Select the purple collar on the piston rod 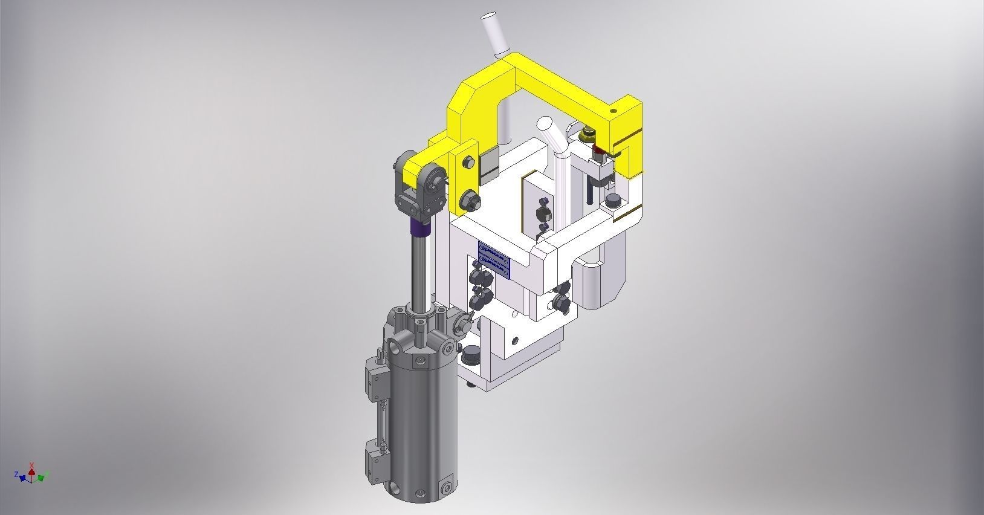421,227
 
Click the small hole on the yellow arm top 613,111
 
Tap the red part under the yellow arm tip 599,151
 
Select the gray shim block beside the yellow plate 489,166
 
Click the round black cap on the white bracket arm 613,201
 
